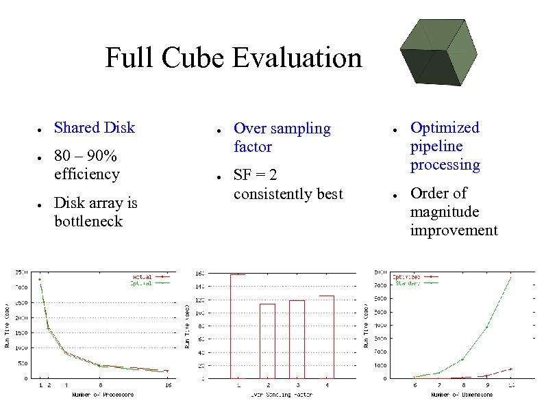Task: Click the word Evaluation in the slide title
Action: (x=297, y=57)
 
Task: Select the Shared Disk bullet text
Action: (x=95, y=128)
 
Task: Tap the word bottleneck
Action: (x=88, y=222)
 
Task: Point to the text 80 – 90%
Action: (x=86, y=156)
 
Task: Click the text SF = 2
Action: (x=255, y=175)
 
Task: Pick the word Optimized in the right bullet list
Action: (x=445, y=128)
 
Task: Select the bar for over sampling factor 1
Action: (x=238, y=326)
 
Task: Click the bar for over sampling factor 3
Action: (x=297, y=339)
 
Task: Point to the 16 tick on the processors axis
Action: (x=167, y=385)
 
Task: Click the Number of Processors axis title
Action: (x=103, y=395)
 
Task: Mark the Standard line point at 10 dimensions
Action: (x=510, y=278)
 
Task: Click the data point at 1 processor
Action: (x=40, y=279)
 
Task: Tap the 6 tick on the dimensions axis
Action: (x=414, y=385)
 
